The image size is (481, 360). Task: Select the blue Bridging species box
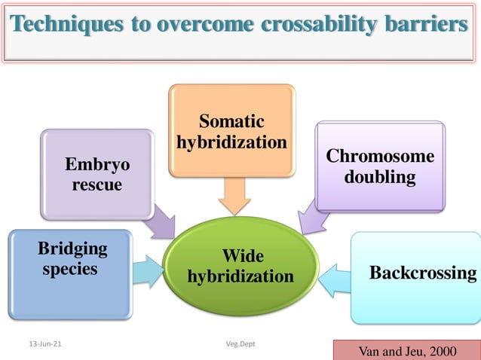[70, 274]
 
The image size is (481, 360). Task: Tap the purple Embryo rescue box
[97, 174]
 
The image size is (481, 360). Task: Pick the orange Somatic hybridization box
[231, 131]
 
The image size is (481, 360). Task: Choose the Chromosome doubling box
[380, 166]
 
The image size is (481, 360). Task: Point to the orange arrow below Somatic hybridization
[234, 198]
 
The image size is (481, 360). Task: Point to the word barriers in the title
[431, 25]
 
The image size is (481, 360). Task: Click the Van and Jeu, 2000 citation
[407, 351]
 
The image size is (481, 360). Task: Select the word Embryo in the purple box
[97, 165]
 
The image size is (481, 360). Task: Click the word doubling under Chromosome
[380, 177]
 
